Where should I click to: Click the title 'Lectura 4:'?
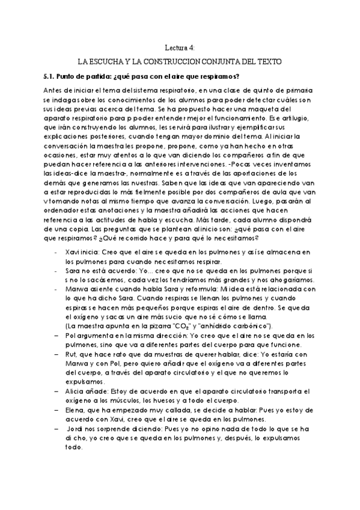(x=180, y=48)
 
